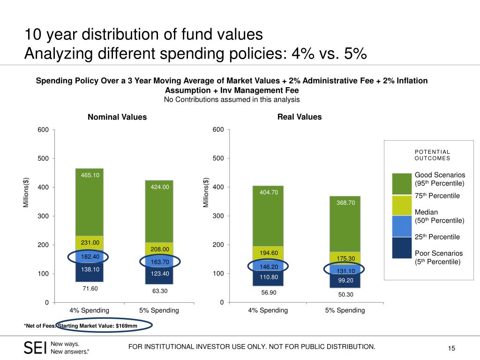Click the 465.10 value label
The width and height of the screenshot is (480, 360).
click(x=89, y=175)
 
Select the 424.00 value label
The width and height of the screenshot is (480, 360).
click(x=159, y=187)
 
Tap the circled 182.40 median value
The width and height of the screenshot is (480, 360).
click(x=89, y=257)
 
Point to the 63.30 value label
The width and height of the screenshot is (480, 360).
click(x=159, y=291)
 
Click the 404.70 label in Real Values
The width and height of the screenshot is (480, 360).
click(x=269, y=192)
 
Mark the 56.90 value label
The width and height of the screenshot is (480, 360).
click(x=269, y=292)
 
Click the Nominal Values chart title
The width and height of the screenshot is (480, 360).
click(x=117, y=117)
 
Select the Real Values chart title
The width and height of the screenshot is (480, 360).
click(x=300, y=117)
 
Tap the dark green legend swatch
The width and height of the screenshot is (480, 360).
click(x=402, y=183)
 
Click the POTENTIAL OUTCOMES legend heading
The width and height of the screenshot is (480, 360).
click(x=432, y=155)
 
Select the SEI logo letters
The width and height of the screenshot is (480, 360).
click(x=35, y=347)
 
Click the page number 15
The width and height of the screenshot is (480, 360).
click(x=452, y=348)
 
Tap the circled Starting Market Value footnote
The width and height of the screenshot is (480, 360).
click(x=104, y=326)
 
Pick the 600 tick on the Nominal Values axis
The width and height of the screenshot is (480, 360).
click(x=43, y=130)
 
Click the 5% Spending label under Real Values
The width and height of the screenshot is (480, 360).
click(x=345, y=310)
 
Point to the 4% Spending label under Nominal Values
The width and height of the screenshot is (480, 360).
click(x=89, y=310)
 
